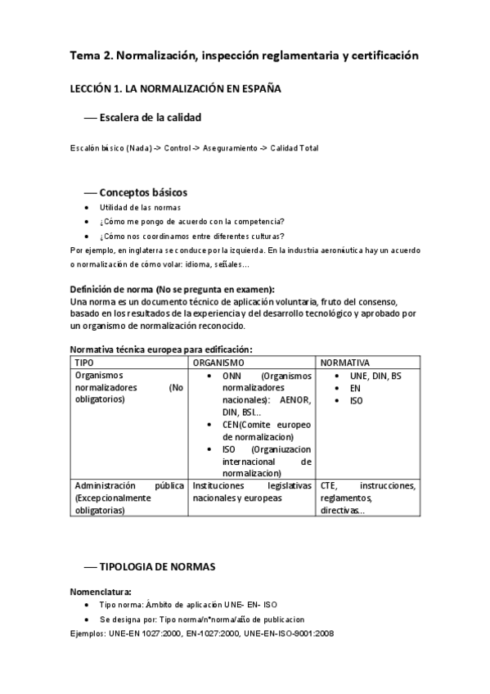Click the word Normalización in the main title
[155, 56]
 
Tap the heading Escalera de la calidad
[150, 119]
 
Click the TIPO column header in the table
[84, 362]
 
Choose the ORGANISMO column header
[218, 362]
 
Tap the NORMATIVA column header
[344, 362]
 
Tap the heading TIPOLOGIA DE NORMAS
[157, 566]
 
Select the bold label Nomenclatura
[101, 590]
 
